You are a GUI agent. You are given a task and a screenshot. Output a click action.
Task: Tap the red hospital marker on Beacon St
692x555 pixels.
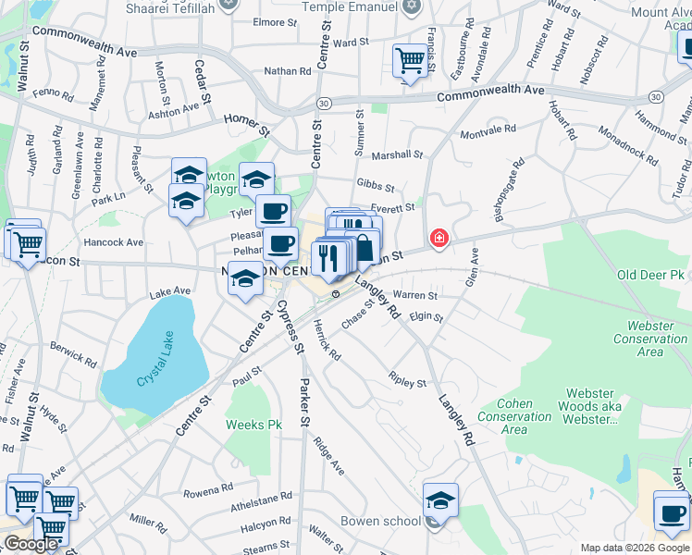coord(439,240)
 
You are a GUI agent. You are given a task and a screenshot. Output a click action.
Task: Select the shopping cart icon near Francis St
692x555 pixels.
coord(409,61)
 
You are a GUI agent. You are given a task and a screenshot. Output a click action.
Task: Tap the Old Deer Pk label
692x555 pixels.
coord(650,276)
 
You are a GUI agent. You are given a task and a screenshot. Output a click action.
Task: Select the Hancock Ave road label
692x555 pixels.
coord(114,242)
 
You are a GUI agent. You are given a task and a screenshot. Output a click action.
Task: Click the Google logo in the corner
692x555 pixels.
coord(31,544)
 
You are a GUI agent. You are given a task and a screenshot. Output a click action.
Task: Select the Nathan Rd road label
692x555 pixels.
coord(288,71)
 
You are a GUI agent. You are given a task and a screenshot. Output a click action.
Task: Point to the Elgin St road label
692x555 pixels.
coord(426,317)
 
